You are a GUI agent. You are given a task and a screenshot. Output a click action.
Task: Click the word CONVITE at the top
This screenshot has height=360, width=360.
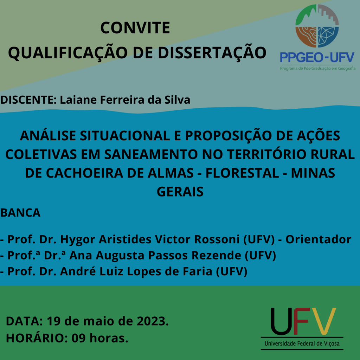135,28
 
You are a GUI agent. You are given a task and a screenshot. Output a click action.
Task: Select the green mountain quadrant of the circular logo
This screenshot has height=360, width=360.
306,15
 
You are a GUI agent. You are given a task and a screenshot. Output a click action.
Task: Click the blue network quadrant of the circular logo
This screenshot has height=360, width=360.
328,36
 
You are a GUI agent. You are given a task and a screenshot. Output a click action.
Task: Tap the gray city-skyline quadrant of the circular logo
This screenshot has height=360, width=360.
328,15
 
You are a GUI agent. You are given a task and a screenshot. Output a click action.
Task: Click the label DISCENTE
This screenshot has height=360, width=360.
28,100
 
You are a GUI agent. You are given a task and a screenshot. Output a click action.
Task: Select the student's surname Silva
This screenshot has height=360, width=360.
177,100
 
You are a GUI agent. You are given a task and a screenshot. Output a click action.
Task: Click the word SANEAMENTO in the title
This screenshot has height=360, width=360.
151,154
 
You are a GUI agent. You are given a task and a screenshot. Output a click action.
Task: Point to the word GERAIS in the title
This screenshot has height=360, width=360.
180,192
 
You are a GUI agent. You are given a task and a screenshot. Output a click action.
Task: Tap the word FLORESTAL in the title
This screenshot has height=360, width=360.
242,173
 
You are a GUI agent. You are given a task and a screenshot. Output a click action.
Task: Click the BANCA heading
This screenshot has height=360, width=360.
20,213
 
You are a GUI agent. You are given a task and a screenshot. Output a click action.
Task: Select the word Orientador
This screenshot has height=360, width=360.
318,239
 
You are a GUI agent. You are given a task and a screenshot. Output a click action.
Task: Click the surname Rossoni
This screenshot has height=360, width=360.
217,239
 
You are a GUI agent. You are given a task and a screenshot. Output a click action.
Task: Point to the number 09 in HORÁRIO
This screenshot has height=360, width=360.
78,338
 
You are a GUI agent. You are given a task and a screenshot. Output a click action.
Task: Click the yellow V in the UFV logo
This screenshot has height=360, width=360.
324,321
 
